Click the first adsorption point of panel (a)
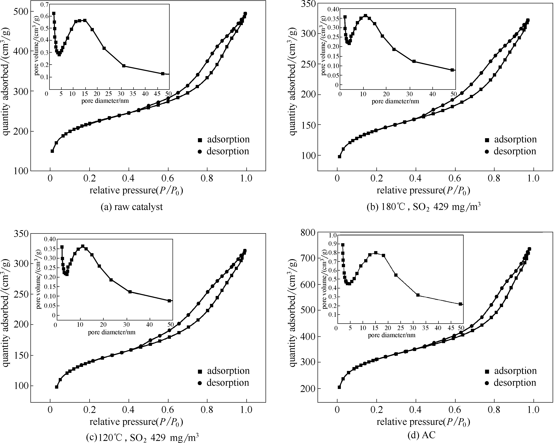pos(52,151)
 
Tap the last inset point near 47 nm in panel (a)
pos(163,74)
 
